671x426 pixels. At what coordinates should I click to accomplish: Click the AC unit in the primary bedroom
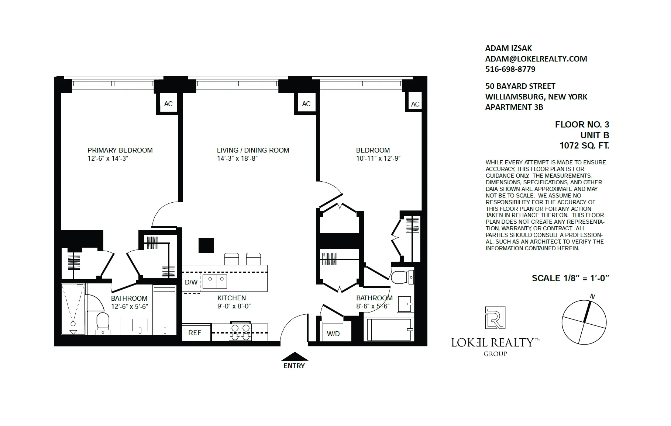tap(168, 104)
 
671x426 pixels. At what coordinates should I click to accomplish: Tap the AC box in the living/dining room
tap(306, 104)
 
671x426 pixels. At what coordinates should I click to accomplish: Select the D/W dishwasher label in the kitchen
tap(191, 282)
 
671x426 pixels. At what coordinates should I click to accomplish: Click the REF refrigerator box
tap(195, 332)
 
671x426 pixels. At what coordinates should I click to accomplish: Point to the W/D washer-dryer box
tap(333, 334)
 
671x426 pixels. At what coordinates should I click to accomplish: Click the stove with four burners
tap(240, 332)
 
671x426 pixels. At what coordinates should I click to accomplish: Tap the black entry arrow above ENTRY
tap(294, 356)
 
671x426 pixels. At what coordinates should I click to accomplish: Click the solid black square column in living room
tap(206, 245)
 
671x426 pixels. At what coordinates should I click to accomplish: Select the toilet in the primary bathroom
tap(103, 322)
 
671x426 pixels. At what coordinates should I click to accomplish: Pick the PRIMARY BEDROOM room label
tap(120, 150)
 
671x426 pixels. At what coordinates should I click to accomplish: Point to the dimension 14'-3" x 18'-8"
tap(237, 158)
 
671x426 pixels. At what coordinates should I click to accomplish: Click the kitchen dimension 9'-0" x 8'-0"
tap(234, 306)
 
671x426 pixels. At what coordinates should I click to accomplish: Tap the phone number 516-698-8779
tap(510, 69)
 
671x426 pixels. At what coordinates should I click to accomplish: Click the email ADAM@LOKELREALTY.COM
tap(536, 59)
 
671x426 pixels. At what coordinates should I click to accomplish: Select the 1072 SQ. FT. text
tap(584, 146)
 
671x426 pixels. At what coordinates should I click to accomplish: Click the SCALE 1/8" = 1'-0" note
tap(570, 278)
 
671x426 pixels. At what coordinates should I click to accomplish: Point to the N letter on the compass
tap(592, 296)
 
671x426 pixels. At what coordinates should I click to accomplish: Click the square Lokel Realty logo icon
tap(495, 317)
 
